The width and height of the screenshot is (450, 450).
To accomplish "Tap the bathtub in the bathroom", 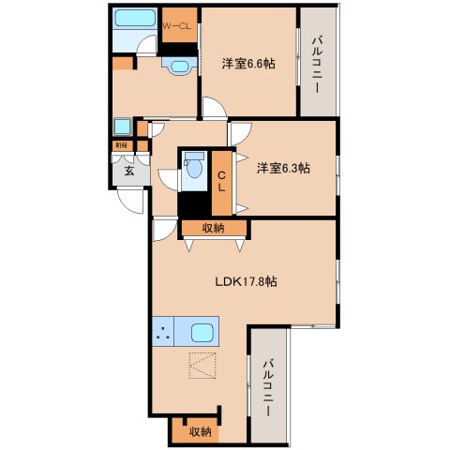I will tap(137, 18).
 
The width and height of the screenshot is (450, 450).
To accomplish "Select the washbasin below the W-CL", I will tap(177, 65).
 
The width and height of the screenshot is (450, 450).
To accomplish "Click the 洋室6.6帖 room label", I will tap(247, 63).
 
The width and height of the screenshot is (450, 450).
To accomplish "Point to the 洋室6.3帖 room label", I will tap(283, 168).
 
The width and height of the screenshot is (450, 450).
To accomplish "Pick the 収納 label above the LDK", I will tap(213, 227).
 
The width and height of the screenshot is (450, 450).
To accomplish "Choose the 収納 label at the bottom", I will tap(198, 431).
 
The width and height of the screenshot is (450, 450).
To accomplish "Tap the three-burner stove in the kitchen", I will tap(165, 333).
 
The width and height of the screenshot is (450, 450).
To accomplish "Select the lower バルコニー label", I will tap(269, 385).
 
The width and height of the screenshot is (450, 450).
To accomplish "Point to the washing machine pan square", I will tap(123, 127).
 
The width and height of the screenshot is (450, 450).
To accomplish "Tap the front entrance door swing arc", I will tap(131, 198).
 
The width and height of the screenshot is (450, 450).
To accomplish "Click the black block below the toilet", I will tap(194, 202).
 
